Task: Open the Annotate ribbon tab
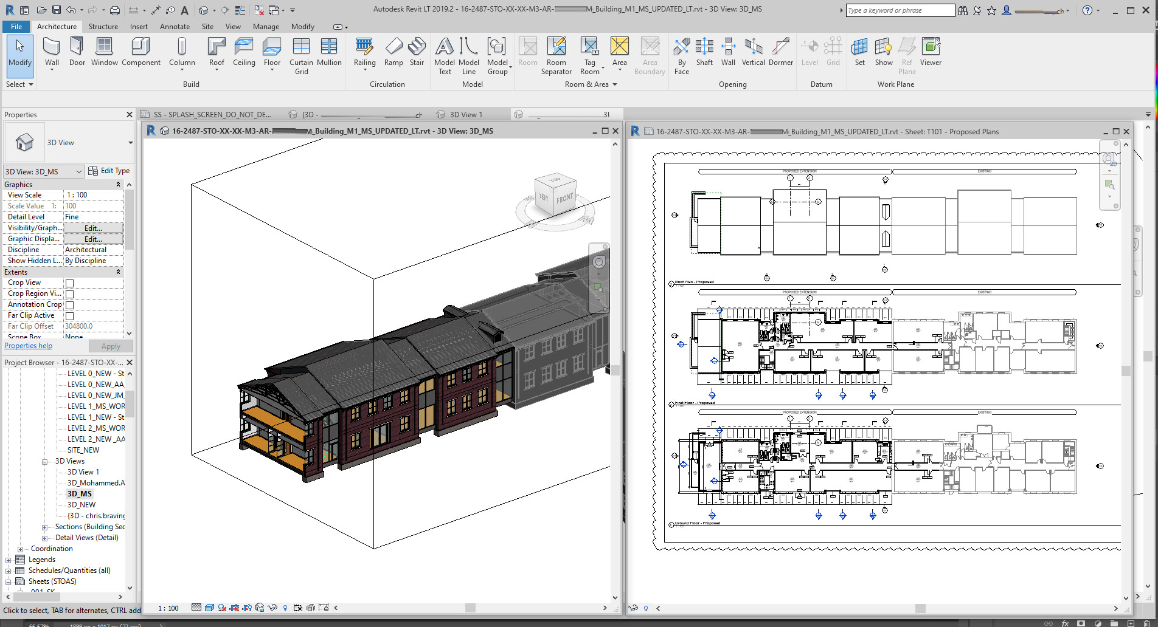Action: [x=175, y=27]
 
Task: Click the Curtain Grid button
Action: [x=301, y=55]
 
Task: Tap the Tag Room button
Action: [x=589, y=55]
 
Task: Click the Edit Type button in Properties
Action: [x=109, y=171]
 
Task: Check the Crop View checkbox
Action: [x=70, y=283]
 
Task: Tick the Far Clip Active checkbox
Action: [x=70, y=316]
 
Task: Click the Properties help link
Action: [x=29, y=346]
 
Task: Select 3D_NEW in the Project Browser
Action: [x=81, y=505]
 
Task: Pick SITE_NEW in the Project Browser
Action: [x=83, y=450]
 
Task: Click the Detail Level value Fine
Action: [x=93, y=217]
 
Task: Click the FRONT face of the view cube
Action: [x=564, y=198]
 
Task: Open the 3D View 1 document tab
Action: [x=466, y=114]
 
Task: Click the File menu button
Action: [x=16, y=27]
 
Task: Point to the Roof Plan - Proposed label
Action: [x=694, y=282]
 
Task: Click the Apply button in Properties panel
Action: [x=111, y=346]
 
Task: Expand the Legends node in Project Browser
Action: [x=8, y=560]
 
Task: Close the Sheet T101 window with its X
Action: [x=1126, y=131]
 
